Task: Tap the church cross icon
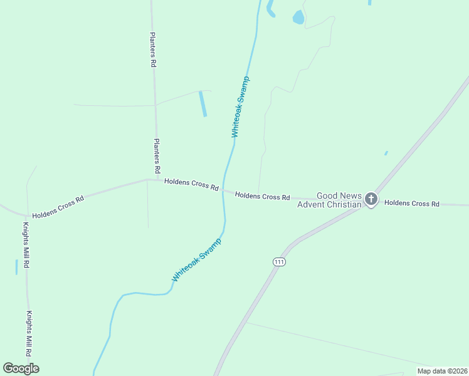point(371,199)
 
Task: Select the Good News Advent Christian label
point(330,201)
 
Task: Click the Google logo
point(21,368)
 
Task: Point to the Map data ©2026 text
point(442,370)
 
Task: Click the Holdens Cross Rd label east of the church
point(412,204)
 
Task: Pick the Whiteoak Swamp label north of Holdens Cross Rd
point(240,107)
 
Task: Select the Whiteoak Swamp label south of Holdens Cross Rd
point(197,260)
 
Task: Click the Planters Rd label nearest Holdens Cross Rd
point(157,156)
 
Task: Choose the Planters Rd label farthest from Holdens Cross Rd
point(152,50)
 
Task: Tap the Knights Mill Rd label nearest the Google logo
point(29,334)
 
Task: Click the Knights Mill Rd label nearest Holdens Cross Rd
point(26,245)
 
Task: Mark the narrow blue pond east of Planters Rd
point(203,103)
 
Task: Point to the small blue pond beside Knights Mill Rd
point(16,267)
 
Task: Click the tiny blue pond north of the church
point(386,153)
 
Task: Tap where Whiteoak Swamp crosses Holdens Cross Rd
point(224,190)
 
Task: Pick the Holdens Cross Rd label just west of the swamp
point(191,185)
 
